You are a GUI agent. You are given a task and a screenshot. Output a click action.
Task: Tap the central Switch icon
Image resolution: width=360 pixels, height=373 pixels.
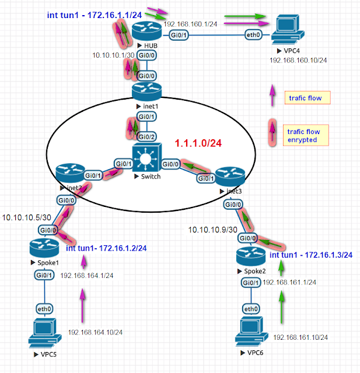pos(144,156)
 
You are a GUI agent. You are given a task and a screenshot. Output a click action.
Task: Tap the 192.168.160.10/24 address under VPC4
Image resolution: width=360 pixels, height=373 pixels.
pos(298,59)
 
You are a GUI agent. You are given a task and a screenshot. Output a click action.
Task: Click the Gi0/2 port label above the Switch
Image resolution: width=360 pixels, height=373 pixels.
pos(143,136)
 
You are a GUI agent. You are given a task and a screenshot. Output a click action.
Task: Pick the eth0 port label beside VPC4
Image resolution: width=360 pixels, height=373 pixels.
pos(253,36)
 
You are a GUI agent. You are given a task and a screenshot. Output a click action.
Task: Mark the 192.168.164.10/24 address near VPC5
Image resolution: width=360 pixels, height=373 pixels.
pos(95,332)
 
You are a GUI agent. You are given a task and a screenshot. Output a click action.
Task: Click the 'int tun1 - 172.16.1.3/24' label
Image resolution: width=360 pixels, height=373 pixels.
pos(310,255)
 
